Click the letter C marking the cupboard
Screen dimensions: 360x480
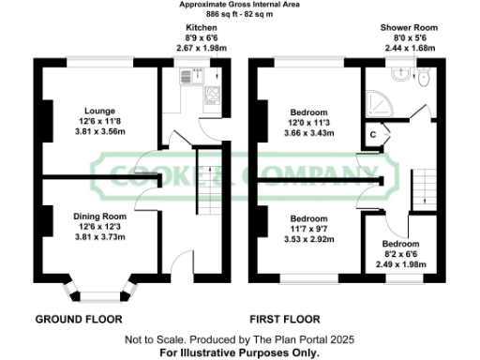(373, 135)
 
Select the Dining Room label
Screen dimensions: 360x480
(100, 216)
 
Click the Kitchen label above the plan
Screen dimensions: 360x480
(202, 28)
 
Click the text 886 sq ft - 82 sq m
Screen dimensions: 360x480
(241, 16)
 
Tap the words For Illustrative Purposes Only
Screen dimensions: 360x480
(239, 352)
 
